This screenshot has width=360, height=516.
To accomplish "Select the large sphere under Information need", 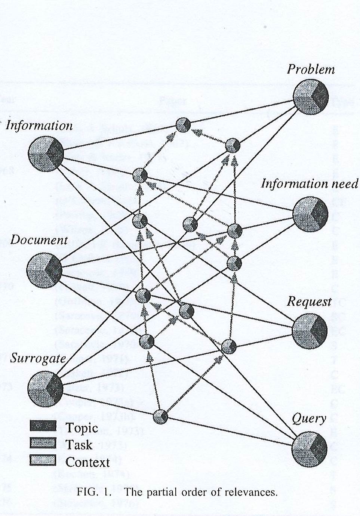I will (310, 214).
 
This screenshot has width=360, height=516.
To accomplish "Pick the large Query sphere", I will (309, 448).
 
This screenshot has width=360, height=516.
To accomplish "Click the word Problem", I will (311, 69).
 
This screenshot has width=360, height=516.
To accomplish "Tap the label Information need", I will (310, 184).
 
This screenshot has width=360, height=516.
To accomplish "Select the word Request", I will (309, 302).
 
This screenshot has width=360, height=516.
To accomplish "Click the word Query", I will (309, 419).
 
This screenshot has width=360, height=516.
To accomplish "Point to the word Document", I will (39, 240).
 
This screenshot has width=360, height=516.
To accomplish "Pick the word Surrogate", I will (38, 358).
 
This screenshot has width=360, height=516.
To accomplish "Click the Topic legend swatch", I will (43, 426).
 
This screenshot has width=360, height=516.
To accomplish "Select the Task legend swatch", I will (43, 443).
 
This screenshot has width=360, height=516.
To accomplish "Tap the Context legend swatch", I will (43, 460).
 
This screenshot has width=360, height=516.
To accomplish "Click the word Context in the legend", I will (87, 462).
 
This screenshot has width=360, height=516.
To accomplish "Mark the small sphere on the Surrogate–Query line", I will (161, 416).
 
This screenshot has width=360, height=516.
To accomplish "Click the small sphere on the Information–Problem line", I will (183, 125).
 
